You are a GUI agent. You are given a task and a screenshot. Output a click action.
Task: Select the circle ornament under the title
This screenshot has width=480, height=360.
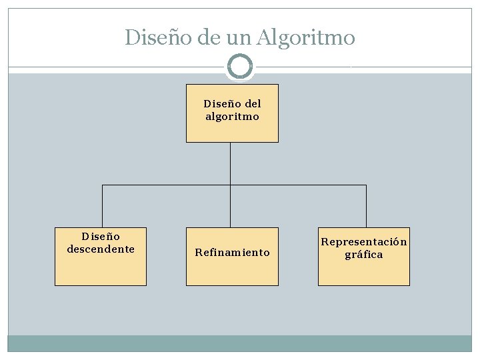tap(240, 67)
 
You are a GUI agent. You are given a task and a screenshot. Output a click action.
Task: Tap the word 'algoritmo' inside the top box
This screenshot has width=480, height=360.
tap(232, 117)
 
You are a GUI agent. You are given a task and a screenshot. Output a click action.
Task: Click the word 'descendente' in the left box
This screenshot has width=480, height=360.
tap(101, 249)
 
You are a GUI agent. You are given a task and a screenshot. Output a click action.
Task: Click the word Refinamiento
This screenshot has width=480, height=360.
tap(232, 253)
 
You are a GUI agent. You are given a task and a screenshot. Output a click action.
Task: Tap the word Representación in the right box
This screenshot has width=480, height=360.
tap(364, 241)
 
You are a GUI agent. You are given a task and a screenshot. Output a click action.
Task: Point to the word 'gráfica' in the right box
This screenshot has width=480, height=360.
tap(364, 255)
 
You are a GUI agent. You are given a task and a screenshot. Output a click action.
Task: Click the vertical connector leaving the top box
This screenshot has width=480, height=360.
tap(230, 163)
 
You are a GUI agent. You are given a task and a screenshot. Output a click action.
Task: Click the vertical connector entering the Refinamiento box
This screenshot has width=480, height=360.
tap(230, 207)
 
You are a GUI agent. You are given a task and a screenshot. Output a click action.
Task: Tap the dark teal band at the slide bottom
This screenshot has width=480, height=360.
tap(240, 343)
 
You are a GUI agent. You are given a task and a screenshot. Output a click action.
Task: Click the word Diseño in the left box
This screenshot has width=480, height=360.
tap(101, 237)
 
